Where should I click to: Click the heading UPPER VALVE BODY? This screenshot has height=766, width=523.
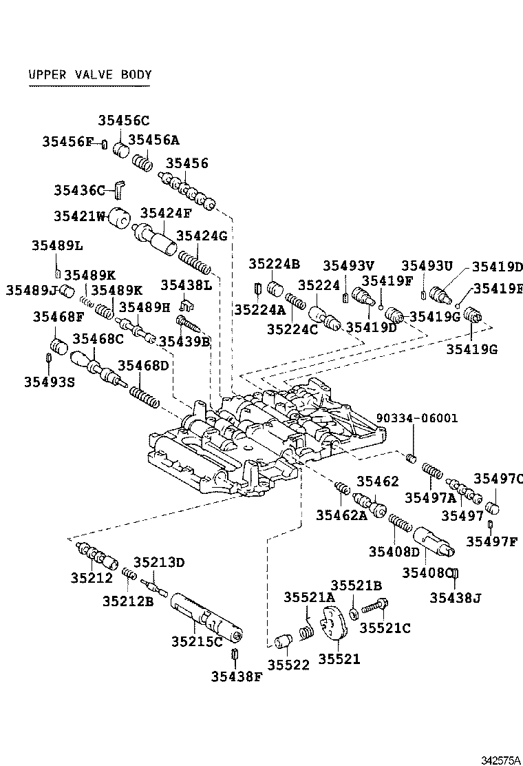[89, 75]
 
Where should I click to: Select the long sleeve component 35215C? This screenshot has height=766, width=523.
[206, 616]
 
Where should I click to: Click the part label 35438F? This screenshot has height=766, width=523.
[237, 676]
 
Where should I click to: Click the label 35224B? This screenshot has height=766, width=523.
[275, 263]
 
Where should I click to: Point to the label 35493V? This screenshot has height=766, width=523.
[348, 265]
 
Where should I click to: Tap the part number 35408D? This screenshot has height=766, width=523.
[394, 551]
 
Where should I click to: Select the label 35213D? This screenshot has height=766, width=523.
[159, 562]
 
